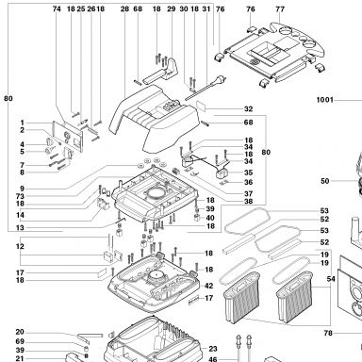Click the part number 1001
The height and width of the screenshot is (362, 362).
click(324, 100)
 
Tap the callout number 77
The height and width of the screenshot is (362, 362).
click(280, 9)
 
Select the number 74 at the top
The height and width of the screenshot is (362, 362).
click(57, 8)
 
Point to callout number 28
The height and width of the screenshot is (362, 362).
click(124, 8)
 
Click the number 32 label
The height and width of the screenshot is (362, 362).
click(248, 109)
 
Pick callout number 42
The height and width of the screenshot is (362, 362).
click(208, 286)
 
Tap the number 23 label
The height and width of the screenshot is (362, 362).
click(213, 349)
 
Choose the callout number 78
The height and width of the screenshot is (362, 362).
click(328, 333)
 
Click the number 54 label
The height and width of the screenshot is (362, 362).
click(331, 279)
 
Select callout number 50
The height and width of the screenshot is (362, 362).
click(325, 181)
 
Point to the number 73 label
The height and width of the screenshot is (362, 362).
click(20, 196)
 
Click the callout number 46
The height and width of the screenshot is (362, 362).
click(213, 359)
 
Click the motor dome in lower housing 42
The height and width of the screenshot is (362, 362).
click(156, 276)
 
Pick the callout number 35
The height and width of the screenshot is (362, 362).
click(248, 173)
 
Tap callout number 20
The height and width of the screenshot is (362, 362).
click(20, 332)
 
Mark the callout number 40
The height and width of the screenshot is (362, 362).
click(210, 218)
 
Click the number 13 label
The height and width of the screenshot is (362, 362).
click(20, 227)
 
